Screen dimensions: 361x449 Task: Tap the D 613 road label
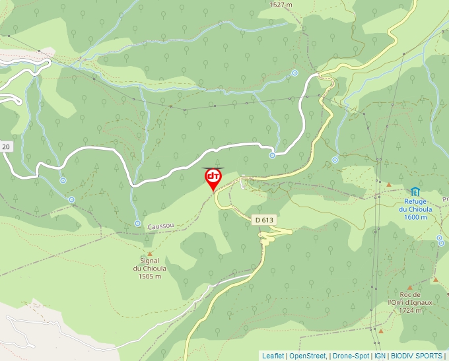(x=263, y=220)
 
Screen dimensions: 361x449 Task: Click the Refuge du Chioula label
(x=415, y=205)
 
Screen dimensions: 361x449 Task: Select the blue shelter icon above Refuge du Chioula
(x=415, y=191)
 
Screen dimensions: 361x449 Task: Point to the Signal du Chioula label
(x=149, y=265)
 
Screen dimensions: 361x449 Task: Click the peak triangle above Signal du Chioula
(x=150, y=253)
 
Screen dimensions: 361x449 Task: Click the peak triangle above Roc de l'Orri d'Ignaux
(x=409, y=288)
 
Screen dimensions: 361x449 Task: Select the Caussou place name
(x=161, y=225)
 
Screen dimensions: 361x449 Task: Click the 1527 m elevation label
(x=281, y=5)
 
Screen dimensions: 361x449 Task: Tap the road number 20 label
(x=6, y=147)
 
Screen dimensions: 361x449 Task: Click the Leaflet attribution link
(x=273, y=356)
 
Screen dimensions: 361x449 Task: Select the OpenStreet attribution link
(x=308, y=356)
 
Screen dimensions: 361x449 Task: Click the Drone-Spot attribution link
(x=351, y=356)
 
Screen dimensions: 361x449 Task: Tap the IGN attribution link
(x=380, y=356)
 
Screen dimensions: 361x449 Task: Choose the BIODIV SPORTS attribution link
(x=417, y=356)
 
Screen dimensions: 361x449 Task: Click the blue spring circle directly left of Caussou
(x=137, y=223)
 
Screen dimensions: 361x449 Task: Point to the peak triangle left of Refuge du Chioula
(x=389, y=184)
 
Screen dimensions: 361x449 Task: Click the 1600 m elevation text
(x=415, y=217)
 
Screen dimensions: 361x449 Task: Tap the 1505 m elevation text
(x=150, y=277)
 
